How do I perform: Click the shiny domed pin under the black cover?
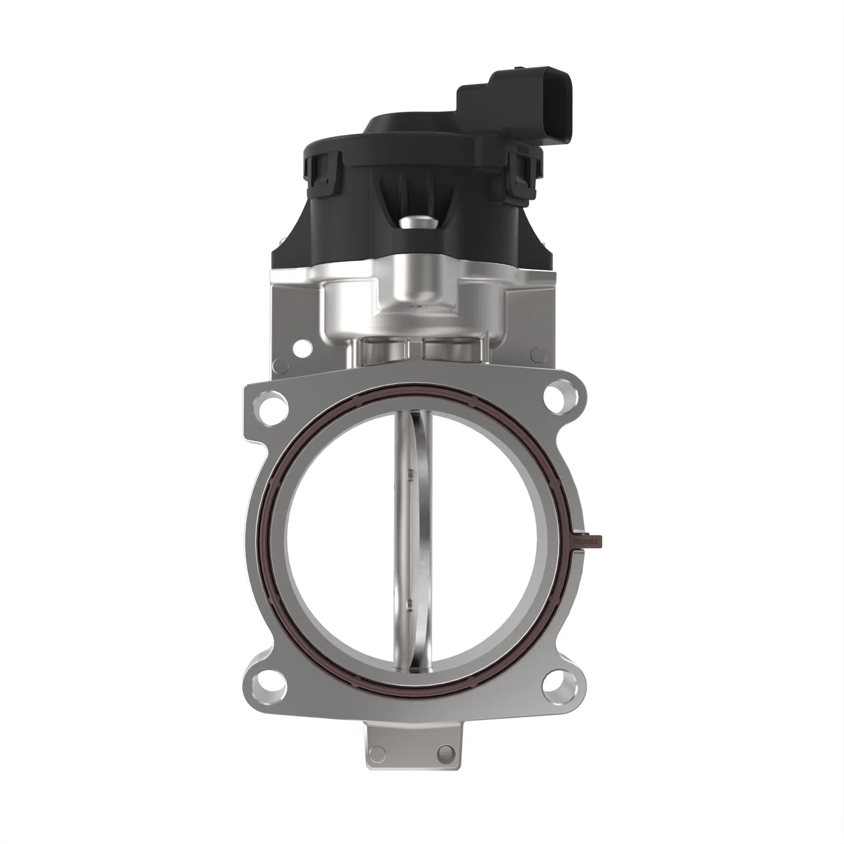pyautogui.click(x=417, y=223)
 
